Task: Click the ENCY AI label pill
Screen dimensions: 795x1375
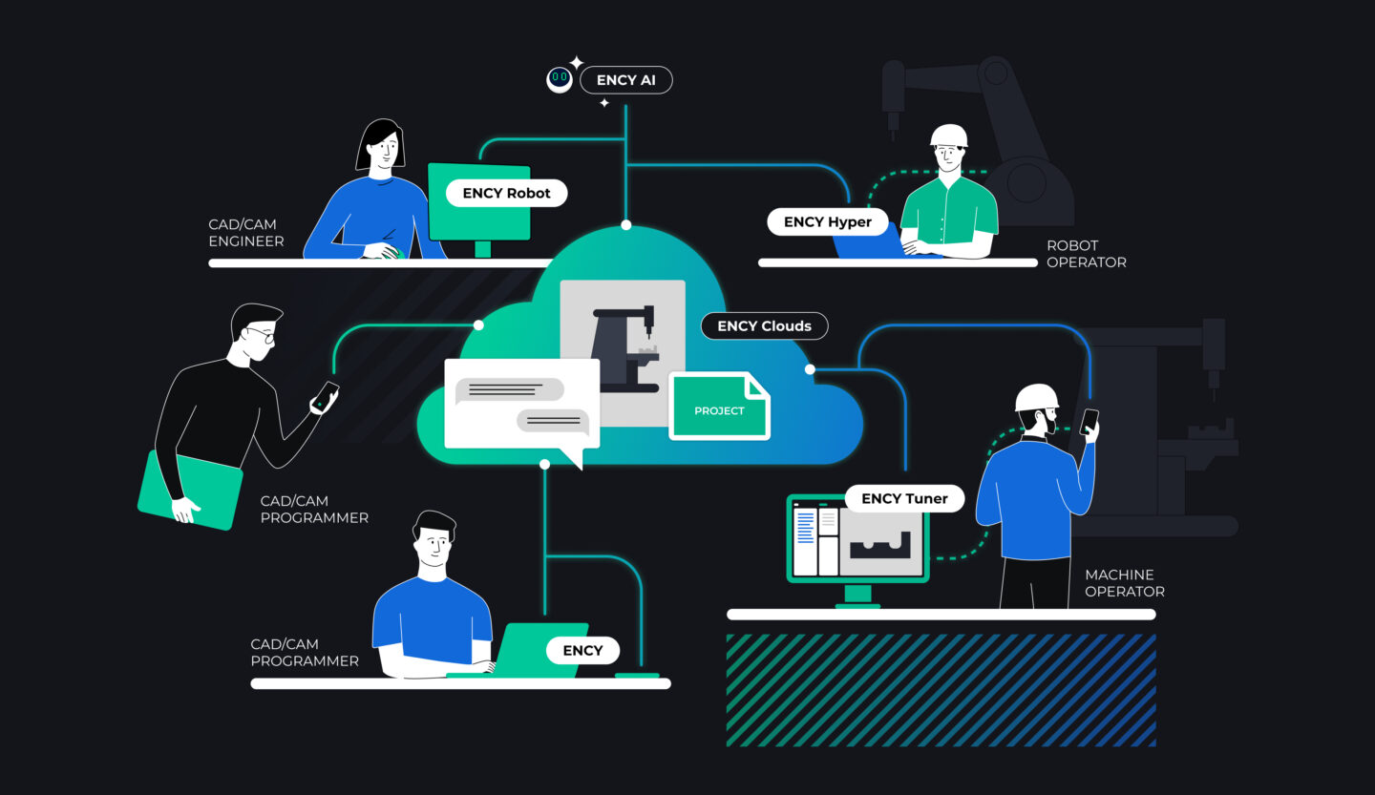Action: [x=625, y=80]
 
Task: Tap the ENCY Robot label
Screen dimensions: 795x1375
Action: [x=506, y=193]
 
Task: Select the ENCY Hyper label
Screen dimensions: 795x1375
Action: [x=827, y=222]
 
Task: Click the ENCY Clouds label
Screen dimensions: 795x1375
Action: [x=764, y=326]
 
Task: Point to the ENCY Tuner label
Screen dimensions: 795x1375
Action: [x=904, y=498]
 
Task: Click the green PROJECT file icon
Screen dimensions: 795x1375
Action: [x=719, y=407]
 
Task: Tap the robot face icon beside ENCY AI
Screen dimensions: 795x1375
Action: [x=560, y=79]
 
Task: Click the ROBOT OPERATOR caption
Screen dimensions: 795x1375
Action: [x=1086, y=254]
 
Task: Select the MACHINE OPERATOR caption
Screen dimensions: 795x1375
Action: [x=1124, y=583]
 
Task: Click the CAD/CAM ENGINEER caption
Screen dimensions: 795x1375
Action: [x=246, y=233]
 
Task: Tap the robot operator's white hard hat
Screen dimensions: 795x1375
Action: [x=948, y=136]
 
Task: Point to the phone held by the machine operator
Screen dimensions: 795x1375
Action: [x=1089, y=421]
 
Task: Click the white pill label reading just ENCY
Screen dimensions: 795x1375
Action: [x=582, y=651]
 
